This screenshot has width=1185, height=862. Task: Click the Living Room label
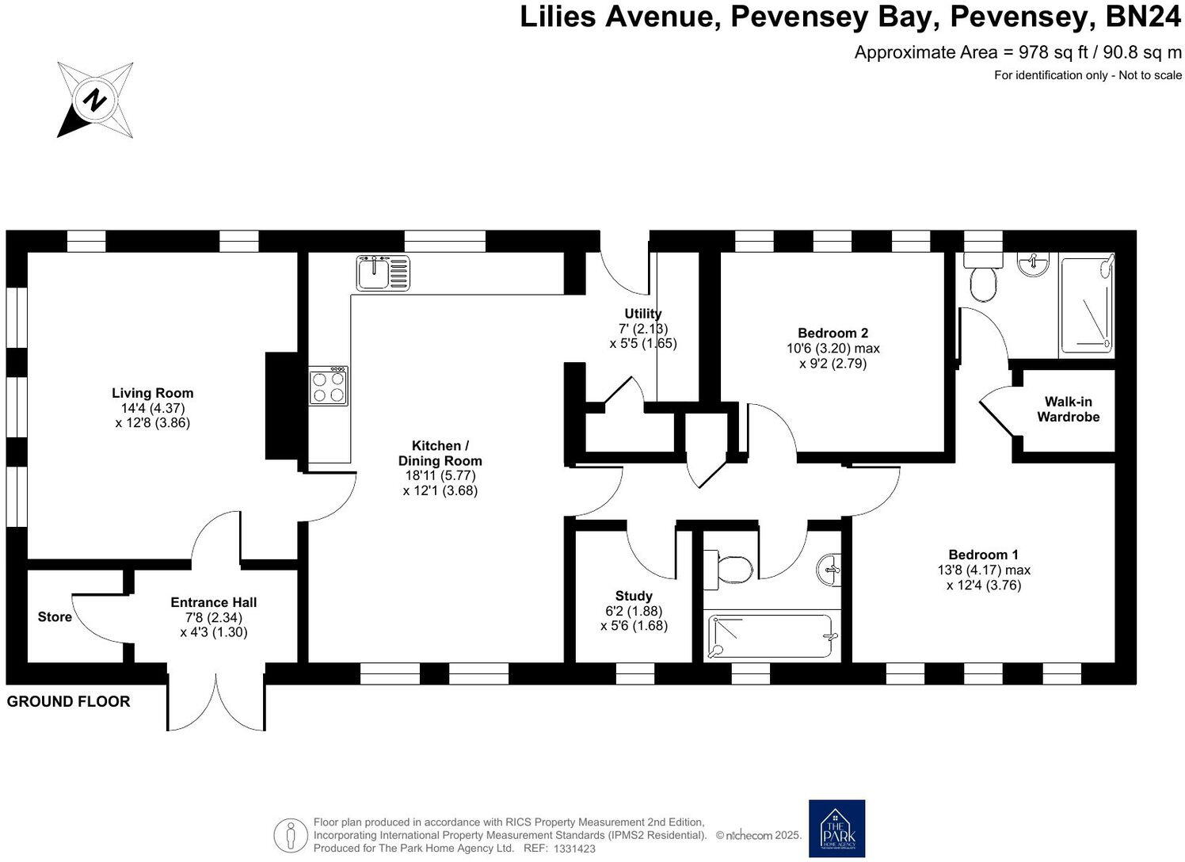[x=152, y=393]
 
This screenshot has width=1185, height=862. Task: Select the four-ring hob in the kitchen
[x=328, y=386]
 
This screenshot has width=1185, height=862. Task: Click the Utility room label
[x=642, y=314]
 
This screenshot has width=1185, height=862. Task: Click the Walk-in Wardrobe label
[x=1068, y=409]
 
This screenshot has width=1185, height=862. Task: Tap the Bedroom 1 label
[x=983, y=555]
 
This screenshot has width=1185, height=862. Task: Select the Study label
[x=634, y=596]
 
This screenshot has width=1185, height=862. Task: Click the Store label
[x=55, y=616]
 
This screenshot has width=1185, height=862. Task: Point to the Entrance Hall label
[x=213, y=602]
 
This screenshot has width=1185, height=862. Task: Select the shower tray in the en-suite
[x=1087, y=306]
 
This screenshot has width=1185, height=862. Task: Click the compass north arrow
[x=94, y=101]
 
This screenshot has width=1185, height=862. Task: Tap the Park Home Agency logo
[x=836, y=828]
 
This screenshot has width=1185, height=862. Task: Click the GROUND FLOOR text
[x=68, y=701]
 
